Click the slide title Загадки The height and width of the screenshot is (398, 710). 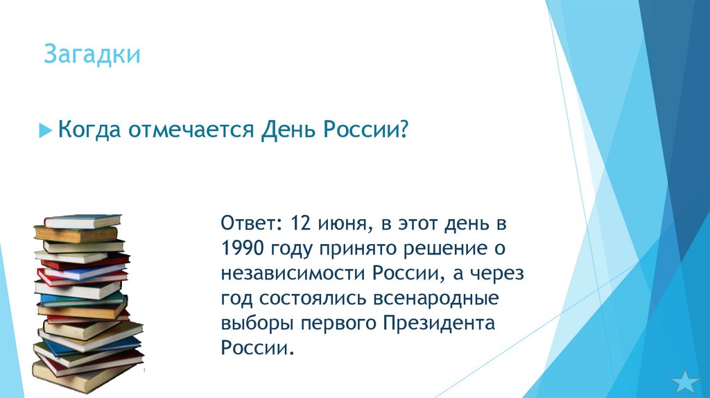92,55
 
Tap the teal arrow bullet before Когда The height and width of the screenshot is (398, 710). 45,130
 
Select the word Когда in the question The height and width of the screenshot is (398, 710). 87,130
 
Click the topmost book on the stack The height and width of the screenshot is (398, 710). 82,220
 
